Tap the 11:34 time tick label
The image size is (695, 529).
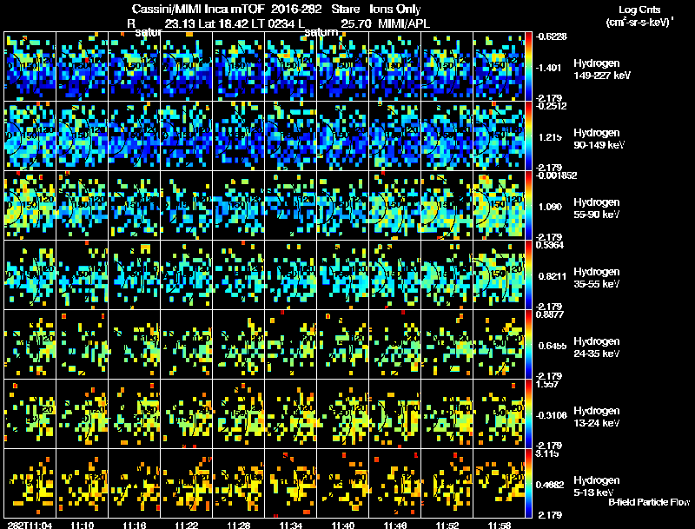(290, 525)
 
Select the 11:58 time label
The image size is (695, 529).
(499, 525)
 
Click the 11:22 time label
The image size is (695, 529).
(186, 525)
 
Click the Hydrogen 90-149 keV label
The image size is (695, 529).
(597, 139)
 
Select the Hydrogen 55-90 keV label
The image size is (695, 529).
(597, 208)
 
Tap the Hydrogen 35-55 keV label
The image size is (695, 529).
(597, 278)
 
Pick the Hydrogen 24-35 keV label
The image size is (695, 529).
(597, 347)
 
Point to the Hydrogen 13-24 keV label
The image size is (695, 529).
(597, 417)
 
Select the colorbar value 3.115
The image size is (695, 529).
(549, 453)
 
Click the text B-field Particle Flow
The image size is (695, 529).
(648, 502)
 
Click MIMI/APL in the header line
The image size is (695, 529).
(403, 23)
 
